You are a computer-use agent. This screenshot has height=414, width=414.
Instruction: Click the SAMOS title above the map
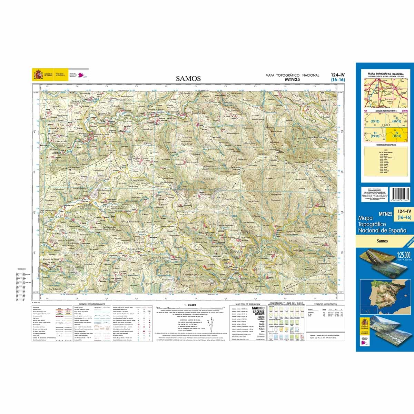point(188,78)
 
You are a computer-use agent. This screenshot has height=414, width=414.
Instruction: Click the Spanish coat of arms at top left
point(38,75)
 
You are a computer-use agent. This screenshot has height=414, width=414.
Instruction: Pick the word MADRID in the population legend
point(258,308)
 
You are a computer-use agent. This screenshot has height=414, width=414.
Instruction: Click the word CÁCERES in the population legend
point(258,312)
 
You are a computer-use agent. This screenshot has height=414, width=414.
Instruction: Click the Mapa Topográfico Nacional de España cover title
point(382,224)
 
